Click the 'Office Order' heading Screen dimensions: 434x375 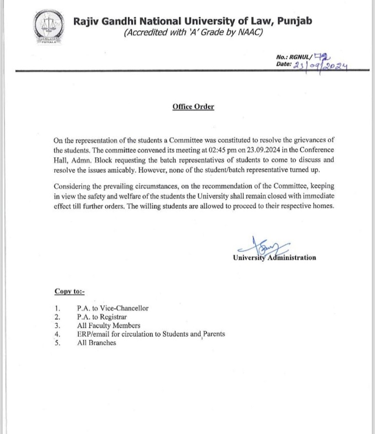click(x=193, y=106)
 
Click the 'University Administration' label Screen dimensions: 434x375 click(x=274, y=258)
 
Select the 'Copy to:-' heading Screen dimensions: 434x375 click(x=69, y=292)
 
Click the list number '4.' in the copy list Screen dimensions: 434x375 click(x=58, y=334)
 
